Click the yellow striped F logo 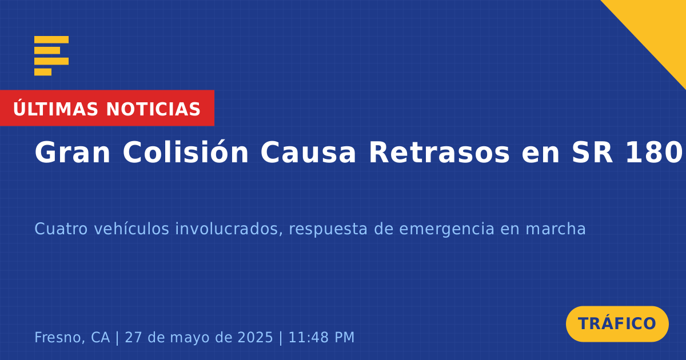51,56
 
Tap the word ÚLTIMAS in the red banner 55,109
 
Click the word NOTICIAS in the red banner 153,109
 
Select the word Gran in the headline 72,153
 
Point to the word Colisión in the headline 186,152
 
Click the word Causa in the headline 308,153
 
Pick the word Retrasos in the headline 439,153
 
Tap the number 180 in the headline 654,153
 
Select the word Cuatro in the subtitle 61,229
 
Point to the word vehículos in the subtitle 131,229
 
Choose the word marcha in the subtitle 556,229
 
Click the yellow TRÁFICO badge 617,324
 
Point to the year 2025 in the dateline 255,337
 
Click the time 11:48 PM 321,337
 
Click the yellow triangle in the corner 661,25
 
